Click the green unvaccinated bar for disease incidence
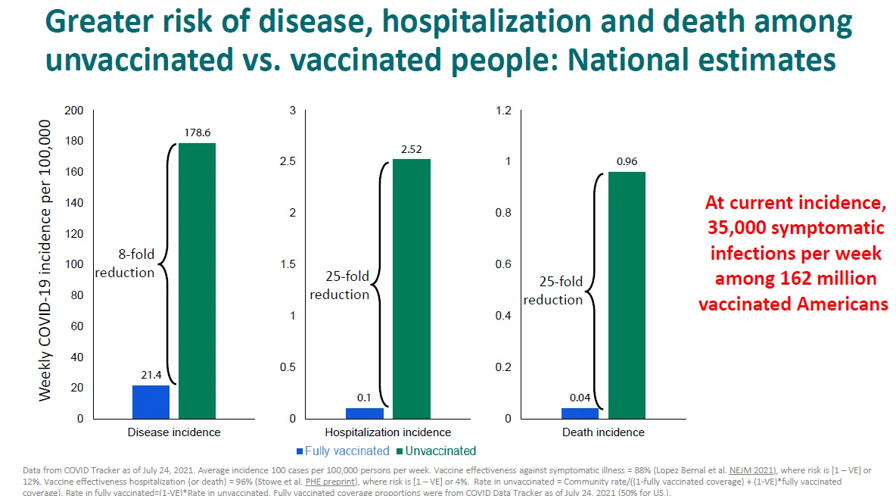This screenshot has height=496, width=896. click(197, 280)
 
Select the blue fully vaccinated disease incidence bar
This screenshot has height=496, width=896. click(151, 401)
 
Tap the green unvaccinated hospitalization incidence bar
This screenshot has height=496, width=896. click(412, 288)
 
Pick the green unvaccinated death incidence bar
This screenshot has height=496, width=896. click(627, 295)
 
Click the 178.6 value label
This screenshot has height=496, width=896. click(197, 133)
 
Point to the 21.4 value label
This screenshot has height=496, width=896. click(151, 375)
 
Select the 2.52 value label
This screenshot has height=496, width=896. click(412, 149)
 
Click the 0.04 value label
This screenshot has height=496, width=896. click(581, 398)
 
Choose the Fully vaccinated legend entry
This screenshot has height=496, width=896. click(342, 451)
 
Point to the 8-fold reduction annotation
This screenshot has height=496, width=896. click(125, 264)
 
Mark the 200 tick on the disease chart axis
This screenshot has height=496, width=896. click(74, 111)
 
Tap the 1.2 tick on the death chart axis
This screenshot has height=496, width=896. click(502, 111)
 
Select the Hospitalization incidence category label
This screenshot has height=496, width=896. click(387, 432)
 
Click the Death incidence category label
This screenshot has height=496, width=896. click(603, 432)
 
